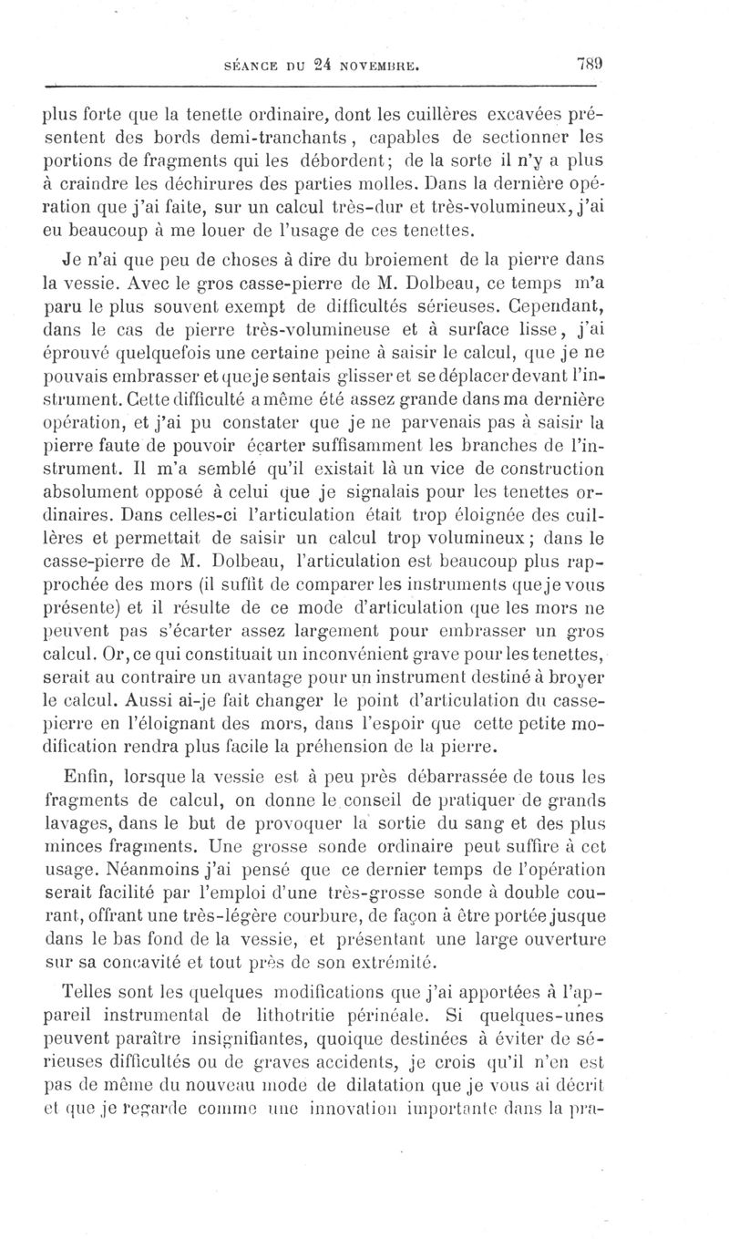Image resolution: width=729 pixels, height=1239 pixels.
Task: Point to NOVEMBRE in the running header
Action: tap(382, 66)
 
